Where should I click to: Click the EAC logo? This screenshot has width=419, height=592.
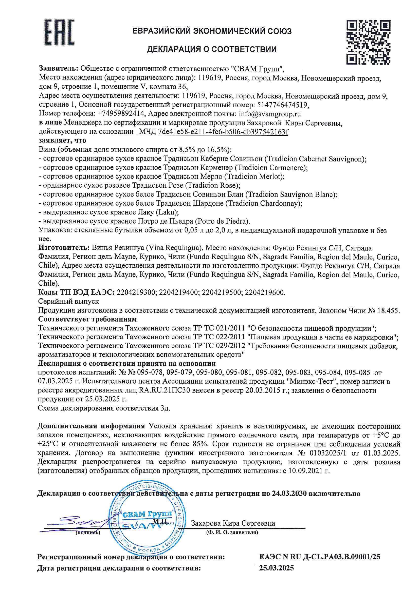coord(59,32)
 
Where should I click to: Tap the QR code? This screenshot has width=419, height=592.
coord(368,42)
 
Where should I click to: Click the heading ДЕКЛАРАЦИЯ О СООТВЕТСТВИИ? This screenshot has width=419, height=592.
coord(212,49)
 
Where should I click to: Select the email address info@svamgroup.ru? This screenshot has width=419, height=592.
coord(270,114)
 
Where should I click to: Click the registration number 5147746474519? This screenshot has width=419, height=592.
coord(282,105)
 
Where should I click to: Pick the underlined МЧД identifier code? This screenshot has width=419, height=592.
coord(213,132)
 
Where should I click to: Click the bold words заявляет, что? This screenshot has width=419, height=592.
coord(62,141)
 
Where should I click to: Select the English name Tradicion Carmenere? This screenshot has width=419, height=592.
coord(271,168)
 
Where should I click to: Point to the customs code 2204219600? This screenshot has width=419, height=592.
coord(265,292)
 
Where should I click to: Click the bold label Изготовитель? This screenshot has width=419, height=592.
coord(64,248)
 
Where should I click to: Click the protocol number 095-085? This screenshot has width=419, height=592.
coord(357,372)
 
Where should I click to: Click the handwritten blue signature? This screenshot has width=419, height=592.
coord(78,523)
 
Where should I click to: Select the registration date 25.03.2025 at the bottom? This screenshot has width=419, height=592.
coord(277,568)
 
